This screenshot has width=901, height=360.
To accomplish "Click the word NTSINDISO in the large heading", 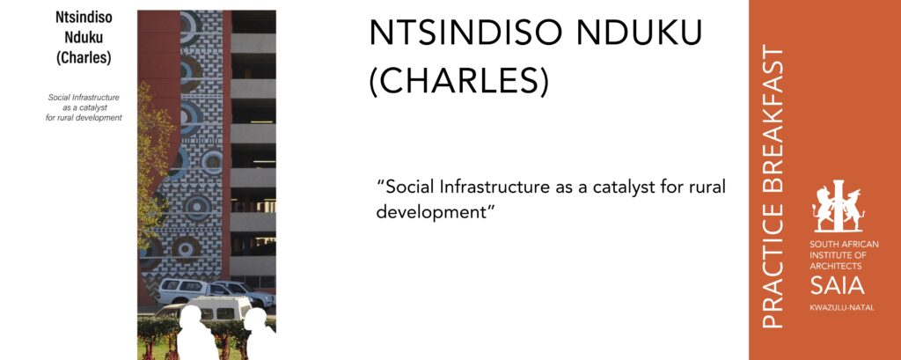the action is (x=465, y=34).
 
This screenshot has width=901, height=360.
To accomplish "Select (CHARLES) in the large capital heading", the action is (x=458, y=82).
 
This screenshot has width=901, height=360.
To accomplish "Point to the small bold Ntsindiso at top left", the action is (x=84, y=18).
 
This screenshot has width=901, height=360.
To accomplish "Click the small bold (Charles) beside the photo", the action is (x=84, y=58).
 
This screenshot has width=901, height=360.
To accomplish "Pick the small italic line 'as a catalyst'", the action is (x=84, y=107).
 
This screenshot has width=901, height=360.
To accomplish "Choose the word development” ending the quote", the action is (x=436, y=212).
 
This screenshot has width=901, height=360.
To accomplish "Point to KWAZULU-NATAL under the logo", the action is (x=842, y=308).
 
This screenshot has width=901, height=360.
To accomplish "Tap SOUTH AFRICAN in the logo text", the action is (x=844, y=245).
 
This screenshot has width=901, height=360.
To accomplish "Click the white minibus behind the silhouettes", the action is (x=213, y=310).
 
